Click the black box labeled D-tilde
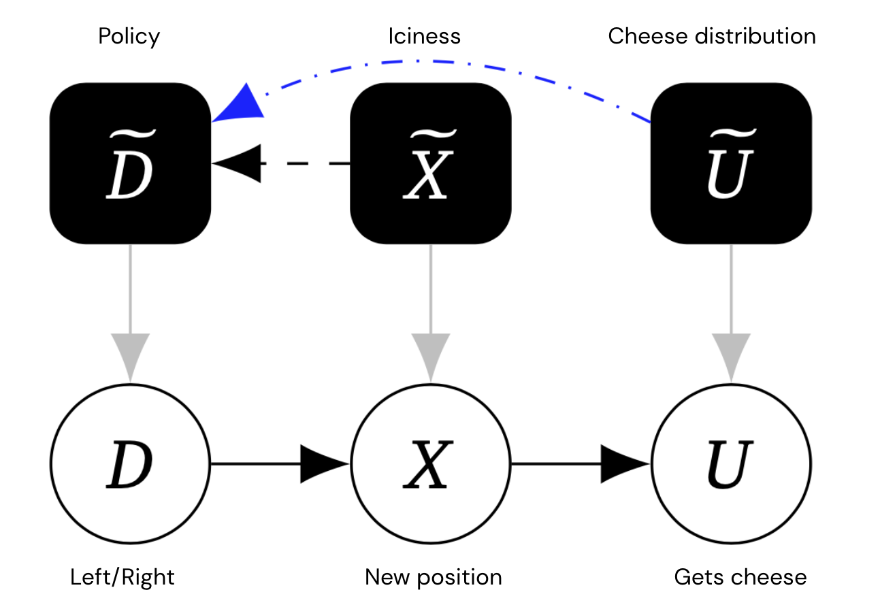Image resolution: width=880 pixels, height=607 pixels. (131, 163)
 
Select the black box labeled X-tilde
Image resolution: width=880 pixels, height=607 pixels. (431, 163)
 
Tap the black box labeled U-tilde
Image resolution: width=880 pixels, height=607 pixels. (732, 163)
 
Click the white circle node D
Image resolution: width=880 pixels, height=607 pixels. (131, 464)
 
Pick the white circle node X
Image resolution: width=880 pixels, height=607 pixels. (431, 464)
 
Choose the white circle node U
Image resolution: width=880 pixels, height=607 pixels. (732, 464)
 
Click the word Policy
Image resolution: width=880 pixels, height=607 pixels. (129, 37)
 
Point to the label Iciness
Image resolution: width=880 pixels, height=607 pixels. (424, 36)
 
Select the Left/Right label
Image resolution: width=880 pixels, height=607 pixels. (123, 578)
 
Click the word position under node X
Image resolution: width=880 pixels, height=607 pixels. (459, 578)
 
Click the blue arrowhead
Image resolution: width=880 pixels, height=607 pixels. (240, 105)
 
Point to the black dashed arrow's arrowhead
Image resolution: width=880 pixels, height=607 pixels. (237, 163)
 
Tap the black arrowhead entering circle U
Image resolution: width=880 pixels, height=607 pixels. (625, 464)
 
